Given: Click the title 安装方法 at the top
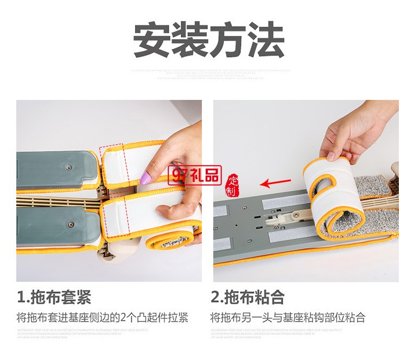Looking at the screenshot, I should [209, 40].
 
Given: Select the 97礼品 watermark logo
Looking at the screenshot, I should [196, 175].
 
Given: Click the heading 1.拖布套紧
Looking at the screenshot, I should [54, 297].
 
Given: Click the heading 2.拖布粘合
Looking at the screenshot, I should [247, 297].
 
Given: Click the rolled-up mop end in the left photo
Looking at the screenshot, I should [174, 239].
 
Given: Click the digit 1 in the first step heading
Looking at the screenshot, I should [22, 297].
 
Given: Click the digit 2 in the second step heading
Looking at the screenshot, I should [216, 297].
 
